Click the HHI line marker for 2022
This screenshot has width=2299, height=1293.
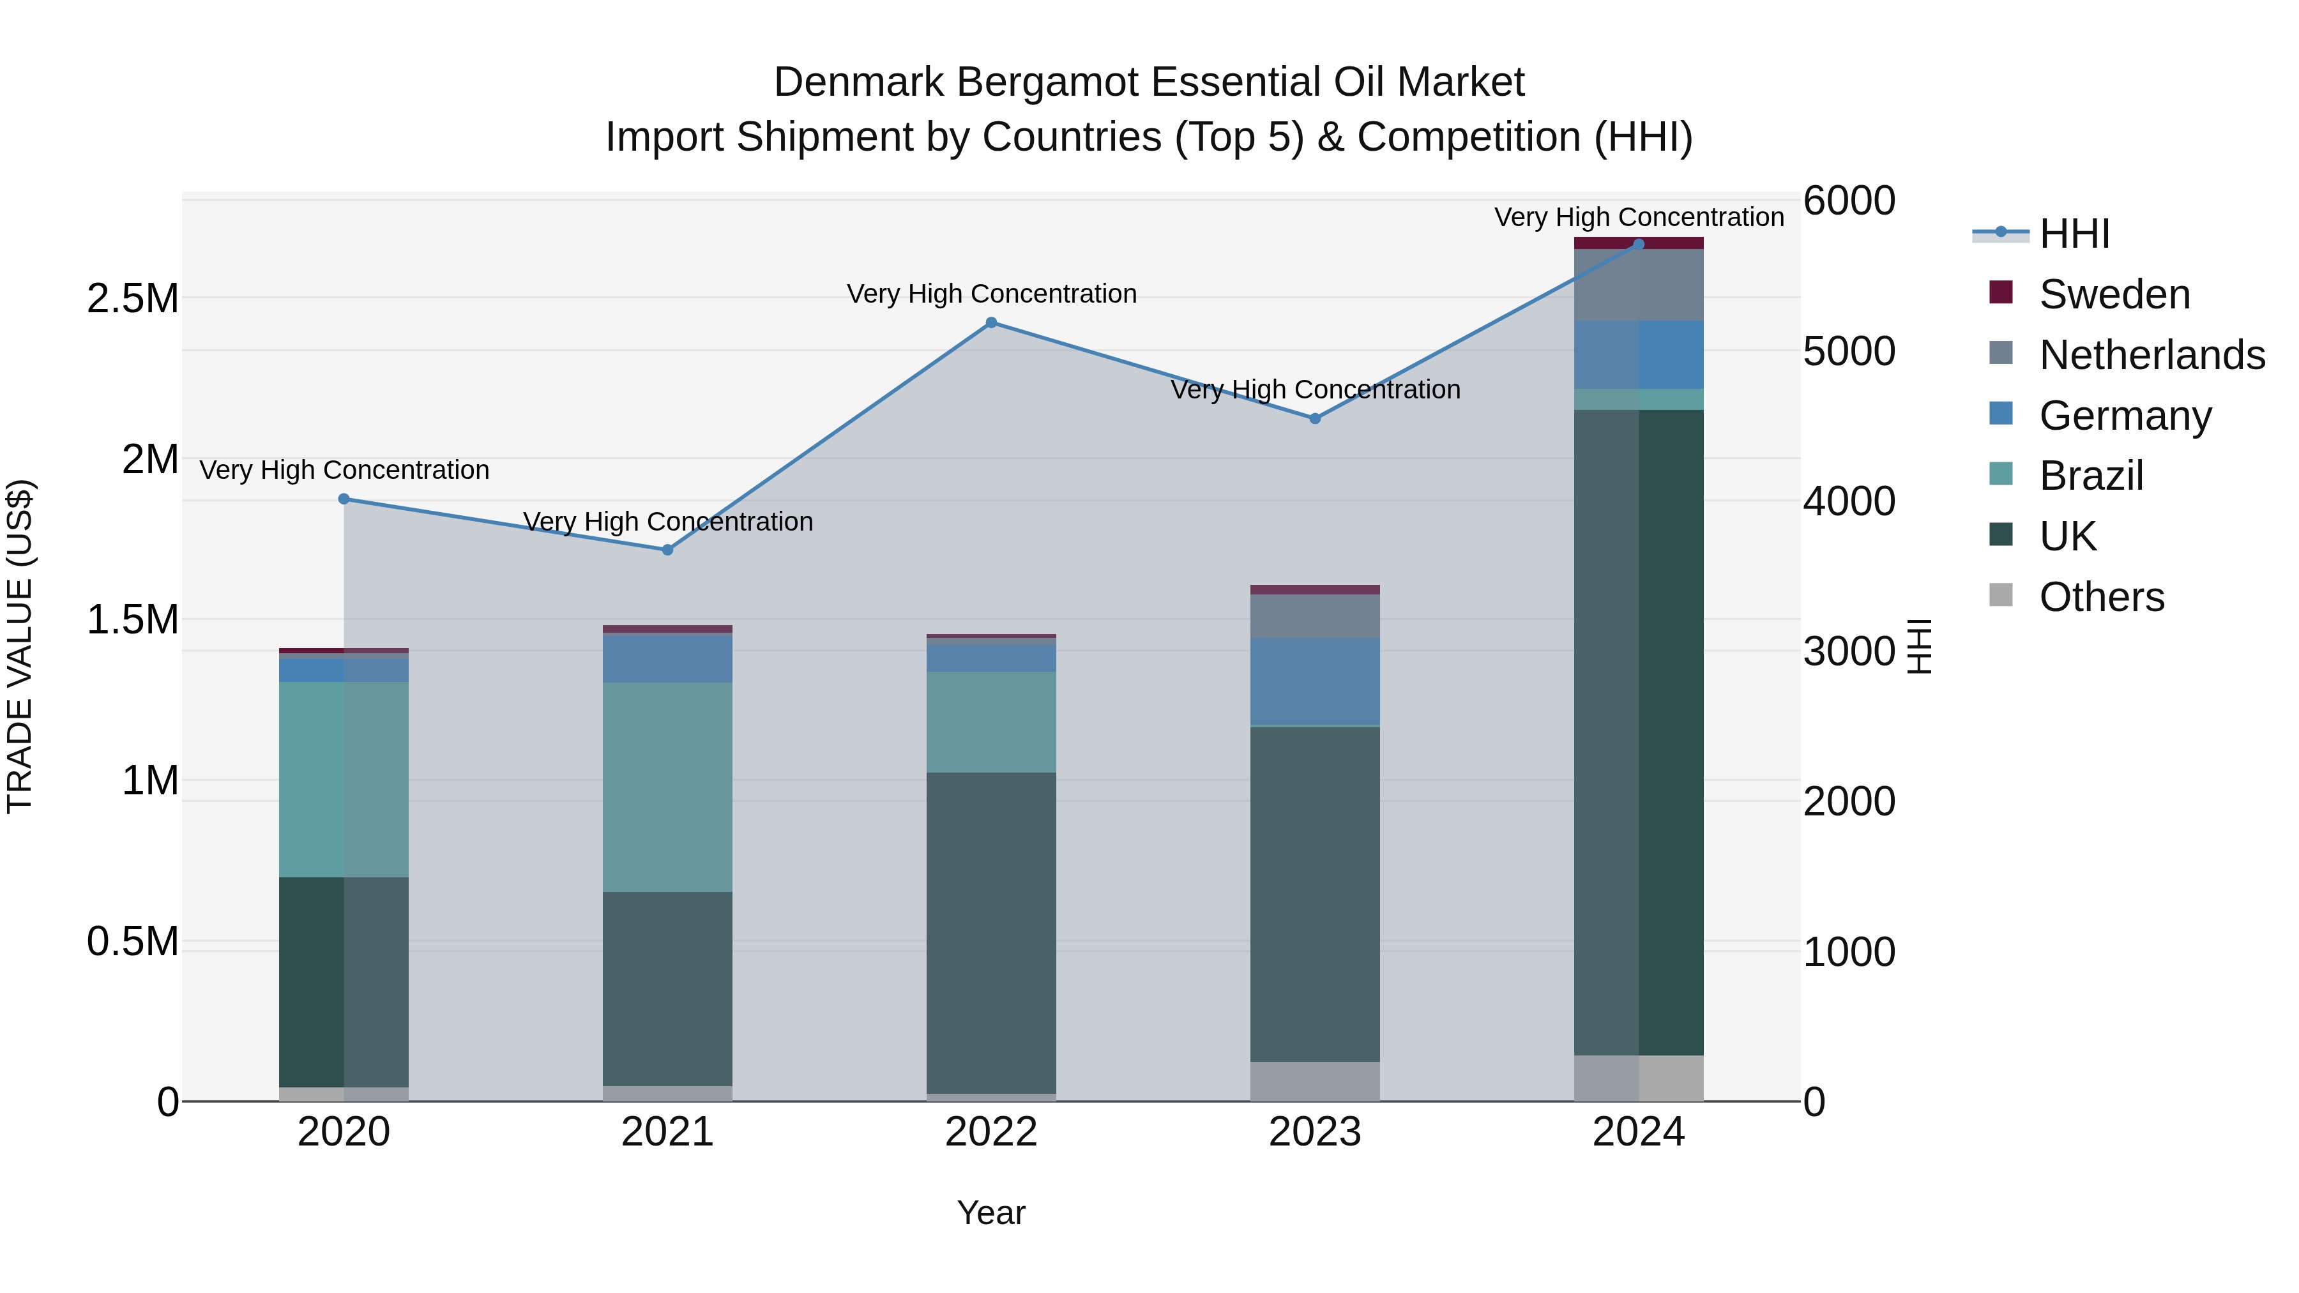tap(990, 322)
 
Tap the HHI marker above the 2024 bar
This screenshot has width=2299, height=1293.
tap(1639, 244)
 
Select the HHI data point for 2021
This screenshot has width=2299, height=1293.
tap(667, 550)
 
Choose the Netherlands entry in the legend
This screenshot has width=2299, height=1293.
tap(2151, 355)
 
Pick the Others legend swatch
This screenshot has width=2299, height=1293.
tap(2001, 595)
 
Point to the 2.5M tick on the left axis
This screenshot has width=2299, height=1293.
tap(133, 299)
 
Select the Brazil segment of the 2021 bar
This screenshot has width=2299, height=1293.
tap(667, 787)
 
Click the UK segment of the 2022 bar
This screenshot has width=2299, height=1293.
tap(990, 932)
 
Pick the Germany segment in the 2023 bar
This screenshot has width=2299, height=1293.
tap(1315, 682)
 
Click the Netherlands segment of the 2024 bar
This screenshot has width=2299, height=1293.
tap(1639, 285)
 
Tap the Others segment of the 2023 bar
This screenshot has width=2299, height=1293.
tap(1315, 1080)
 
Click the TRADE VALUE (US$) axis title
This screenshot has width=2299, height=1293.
tap(20, 646)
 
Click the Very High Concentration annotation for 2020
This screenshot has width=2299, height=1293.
tap(344, 470)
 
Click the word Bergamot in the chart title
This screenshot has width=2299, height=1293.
tap(1049, 82)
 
